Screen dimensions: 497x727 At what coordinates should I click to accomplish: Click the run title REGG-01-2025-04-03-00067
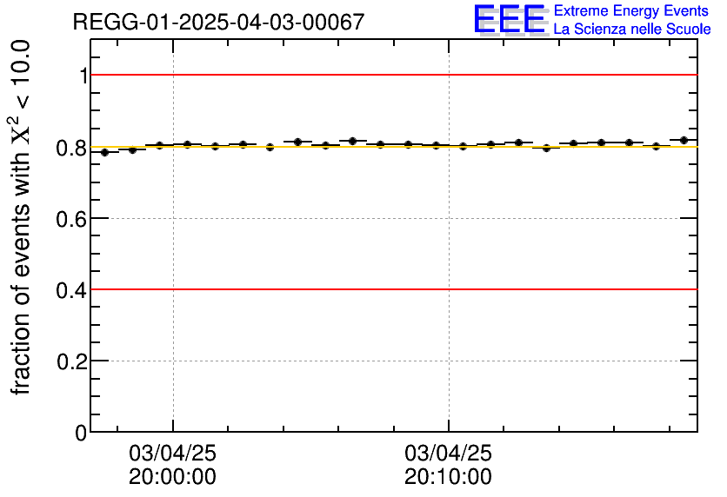pyautogui.click(x=218, y=22)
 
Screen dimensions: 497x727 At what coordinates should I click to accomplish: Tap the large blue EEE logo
pyautogui.click(x=509, y=20)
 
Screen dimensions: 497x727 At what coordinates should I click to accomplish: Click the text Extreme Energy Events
pyautogui.click(x=632, y=11)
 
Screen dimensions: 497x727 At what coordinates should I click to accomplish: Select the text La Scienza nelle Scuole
pyautogui.click(x=632, y=30)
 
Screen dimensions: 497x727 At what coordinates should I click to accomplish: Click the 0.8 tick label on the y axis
pyautogui.click(x=71, y=147)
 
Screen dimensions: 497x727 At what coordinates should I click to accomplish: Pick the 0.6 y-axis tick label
pyautogui.click(x=71, y=218)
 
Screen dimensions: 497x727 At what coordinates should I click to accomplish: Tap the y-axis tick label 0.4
pyautogui.click(x=71, y=289)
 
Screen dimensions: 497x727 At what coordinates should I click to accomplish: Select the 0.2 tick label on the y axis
pyautogui.click(x=71, y=361)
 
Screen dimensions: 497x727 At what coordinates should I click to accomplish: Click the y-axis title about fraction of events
pyautogui.click(x=23, y=217)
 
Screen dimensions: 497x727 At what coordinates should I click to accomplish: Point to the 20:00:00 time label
pyautogui.click(x=173, y=477)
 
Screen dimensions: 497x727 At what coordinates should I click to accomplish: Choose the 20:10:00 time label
pyautogui.click(x=448, y=477)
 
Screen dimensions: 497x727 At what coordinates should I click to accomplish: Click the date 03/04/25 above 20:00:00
pyautogui.click(x=173, y=454)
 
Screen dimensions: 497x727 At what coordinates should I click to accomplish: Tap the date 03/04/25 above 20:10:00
pyautogui.click(x=448, y=454)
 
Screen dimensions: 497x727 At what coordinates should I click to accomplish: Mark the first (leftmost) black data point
pyautogui.click(x=104, y=152)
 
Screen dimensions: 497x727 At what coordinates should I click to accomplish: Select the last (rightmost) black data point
pyautogui.click(x=684, y=140)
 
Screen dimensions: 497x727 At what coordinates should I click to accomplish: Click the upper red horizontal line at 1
pyautogui.click(x=391, y=76)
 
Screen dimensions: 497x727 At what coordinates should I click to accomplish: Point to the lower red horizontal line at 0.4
pyautogui.click(x=391, y=289)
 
